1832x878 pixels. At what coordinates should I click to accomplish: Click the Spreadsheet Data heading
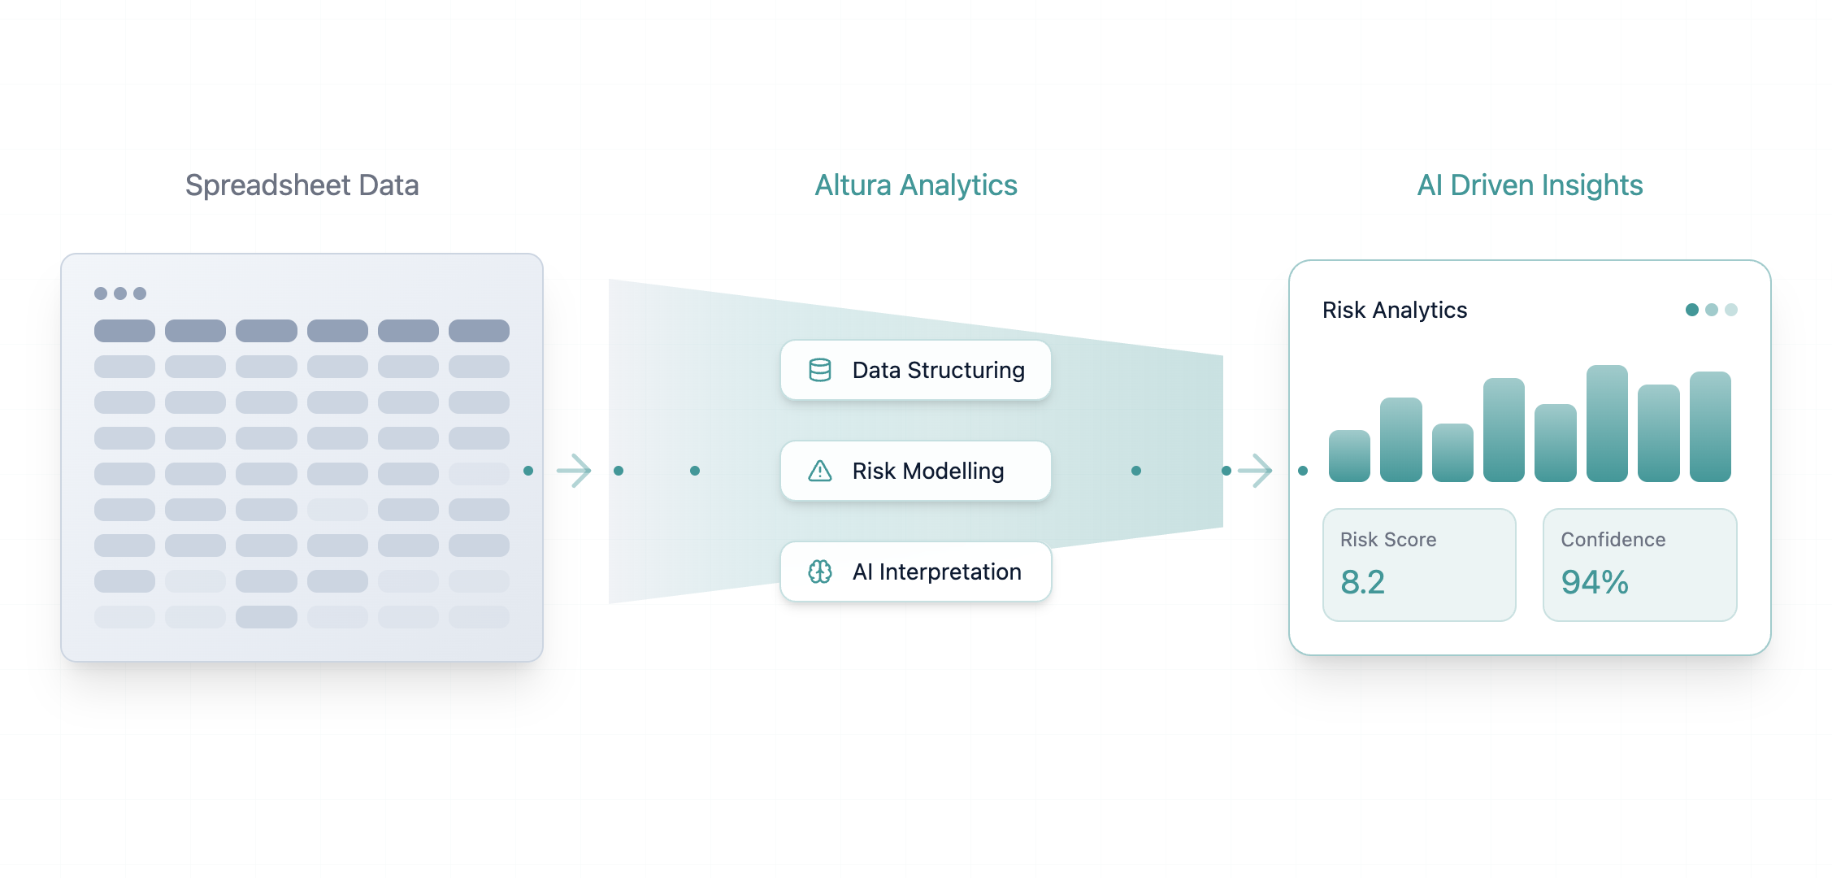coord(302,185)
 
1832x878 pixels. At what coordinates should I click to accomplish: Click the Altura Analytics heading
coord(916,185)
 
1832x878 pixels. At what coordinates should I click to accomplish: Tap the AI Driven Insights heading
coord(1530,185)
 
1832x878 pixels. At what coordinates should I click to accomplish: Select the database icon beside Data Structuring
coord(820,370)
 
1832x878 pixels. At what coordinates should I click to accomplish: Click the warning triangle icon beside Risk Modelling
coord(820,471)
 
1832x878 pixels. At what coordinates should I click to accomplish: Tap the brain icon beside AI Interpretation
coord(820,572)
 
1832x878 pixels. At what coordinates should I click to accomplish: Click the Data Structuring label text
coord(938,370)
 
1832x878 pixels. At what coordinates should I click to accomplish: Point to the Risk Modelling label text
coord(927,471)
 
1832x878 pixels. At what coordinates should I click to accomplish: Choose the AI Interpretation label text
coord(936,572)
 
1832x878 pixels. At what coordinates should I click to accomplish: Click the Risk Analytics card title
coord(1395,310)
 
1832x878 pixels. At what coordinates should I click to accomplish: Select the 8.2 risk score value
coord(1362,582)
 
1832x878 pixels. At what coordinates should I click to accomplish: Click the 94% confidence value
coord(1595,582)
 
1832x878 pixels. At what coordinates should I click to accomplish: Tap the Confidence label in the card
coord(1613,540)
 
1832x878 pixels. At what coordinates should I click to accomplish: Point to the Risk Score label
coord(1388,540)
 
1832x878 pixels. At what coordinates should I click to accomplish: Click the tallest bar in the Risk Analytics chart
coord(1607,424)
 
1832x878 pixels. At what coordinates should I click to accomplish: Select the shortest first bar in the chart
coord(1349,456)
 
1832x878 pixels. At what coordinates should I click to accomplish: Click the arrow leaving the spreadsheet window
coord(574,471)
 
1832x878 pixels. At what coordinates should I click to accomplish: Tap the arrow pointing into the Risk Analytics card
coord(1256,471)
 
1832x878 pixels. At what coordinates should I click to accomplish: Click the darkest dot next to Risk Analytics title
coord(1692,310)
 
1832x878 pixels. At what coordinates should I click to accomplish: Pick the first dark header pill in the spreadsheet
coord(124,331)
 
